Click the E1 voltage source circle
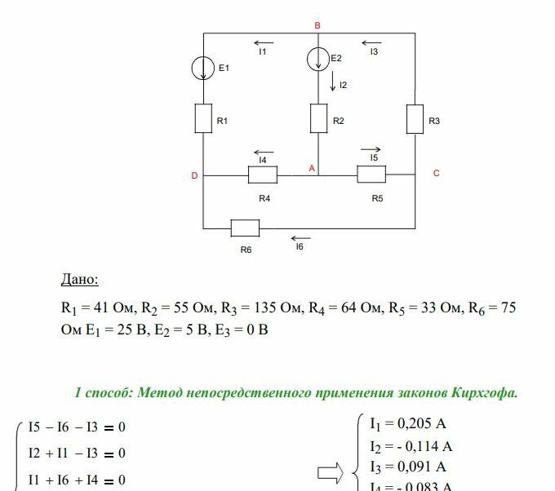(x=204, y=69)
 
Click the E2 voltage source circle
(x=318, y=59)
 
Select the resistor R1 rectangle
(x=204, y=119)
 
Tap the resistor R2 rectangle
(x=318, y=119)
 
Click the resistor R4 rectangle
(x=263, y=175)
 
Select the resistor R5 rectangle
(x=371, y=175)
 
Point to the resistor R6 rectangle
(x=245, y=228)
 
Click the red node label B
(x=317, y=26)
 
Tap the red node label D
(x=194, y=175)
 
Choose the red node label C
(x=437, y=173)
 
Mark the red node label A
(x=311, y=167)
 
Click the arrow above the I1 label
(x=263, y=42)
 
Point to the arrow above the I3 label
(x=372, y=42)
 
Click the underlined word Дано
(x=79, y=280)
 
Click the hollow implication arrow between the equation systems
(x=331, y=471)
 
